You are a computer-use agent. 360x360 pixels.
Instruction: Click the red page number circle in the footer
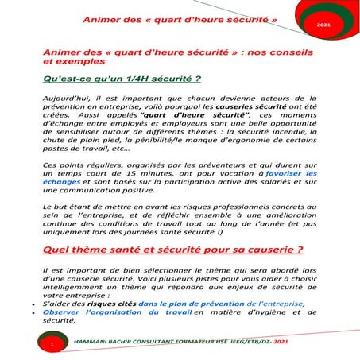pyautogui.click(x=51, y=346)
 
